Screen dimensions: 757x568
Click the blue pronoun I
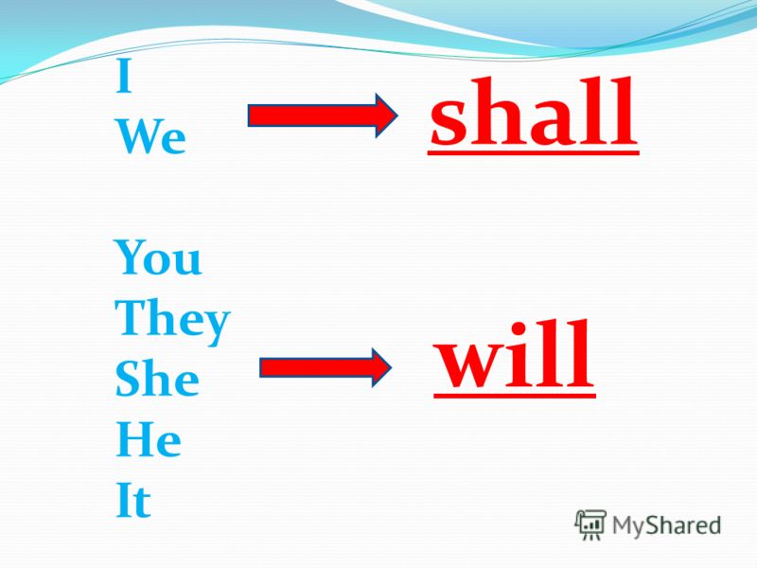(124, 78)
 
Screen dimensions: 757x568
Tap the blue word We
(151, 136)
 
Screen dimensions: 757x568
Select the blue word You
(158, 257)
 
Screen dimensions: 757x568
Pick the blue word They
(172, 321)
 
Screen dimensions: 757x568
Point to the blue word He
(149, 439)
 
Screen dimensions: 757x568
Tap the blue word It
(133, 500)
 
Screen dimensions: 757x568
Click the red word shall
(533, 112)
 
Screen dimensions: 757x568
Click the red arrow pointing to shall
(323, 115)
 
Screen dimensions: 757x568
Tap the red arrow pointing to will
(326, 367)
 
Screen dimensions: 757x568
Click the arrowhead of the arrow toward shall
(387, 115)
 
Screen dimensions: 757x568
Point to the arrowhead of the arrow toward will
(382, 367)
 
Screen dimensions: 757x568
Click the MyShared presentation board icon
(590, 524)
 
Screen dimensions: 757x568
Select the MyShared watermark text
(667, 525)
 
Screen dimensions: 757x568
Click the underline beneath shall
(534, 152)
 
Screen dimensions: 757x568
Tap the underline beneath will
(515, 395)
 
